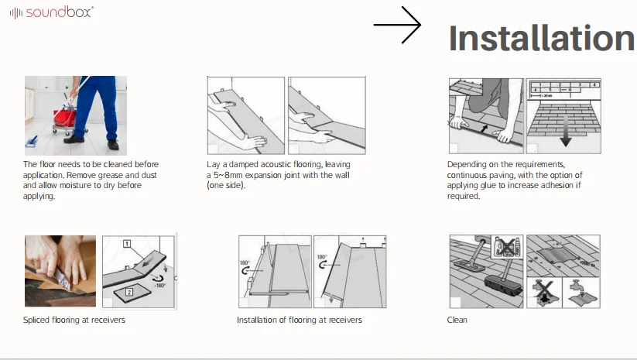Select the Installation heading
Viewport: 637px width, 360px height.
click(x=541, y=39)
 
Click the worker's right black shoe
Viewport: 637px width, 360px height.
click(x=113, y=144)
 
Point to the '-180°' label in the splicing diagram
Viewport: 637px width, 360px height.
click(x=161, y=285)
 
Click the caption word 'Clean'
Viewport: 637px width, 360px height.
click(x=457, y=320)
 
